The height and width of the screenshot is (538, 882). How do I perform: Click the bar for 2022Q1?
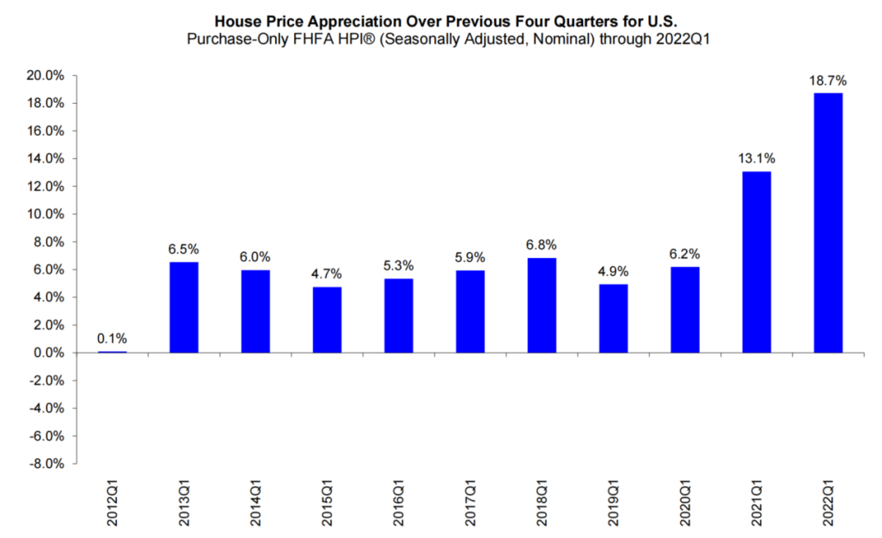[827, 223]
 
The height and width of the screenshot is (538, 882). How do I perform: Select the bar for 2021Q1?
[756, 262]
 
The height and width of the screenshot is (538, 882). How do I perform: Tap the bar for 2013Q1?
[183, 308]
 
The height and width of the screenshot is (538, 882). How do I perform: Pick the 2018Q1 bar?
[541, 305]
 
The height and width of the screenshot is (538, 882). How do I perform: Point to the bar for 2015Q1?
[327, 320]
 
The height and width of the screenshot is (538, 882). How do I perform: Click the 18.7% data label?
[827, 81]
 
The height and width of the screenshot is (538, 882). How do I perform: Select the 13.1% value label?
[755, 158]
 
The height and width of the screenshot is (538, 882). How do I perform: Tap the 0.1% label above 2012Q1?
[111, 339]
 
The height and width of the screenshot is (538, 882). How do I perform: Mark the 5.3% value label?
[398, 266]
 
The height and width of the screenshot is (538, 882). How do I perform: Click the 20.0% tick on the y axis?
[47, 76]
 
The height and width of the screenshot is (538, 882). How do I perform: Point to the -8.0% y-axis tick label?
[47, 464]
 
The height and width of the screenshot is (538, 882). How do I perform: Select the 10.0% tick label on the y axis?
[47, 215]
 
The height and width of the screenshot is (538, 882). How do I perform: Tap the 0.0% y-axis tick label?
[50, 353]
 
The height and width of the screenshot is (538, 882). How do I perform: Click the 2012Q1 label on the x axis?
[113, 500]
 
